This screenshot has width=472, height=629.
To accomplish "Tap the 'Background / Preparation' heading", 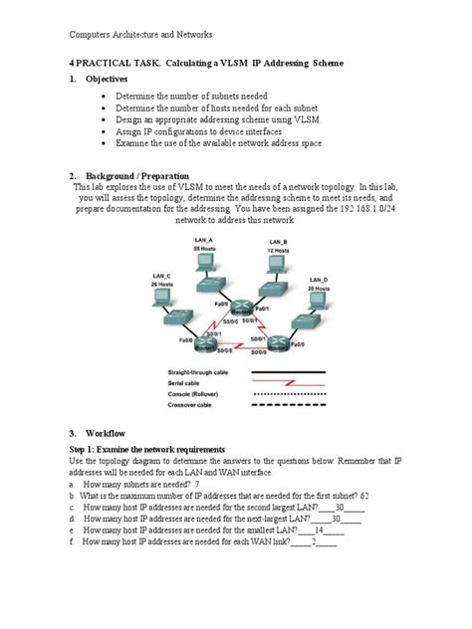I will tap(137, 175).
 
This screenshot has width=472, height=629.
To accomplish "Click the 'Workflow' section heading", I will tap(112, 434).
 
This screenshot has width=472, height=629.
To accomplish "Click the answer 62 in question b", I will tap(365, 494).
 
